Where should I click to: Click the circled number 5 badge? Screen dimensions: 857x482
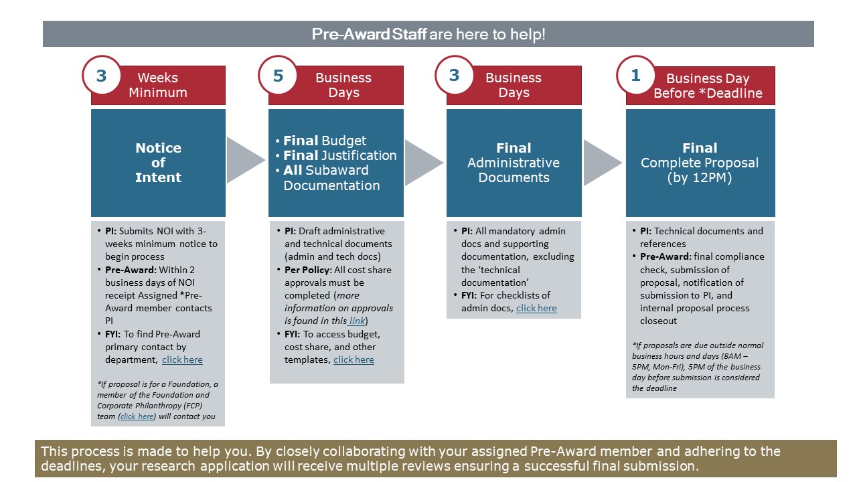[278, 76]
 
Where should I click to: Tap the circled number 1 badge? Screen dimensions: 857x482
[635, 76]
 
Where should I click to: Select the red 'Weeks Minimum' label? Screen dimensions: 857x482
[158, 85]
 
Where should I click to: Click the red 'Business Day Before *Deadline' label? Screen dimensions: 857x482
[708, 86]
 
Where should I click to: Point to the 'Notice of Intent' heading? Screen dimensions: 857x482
[158, 163]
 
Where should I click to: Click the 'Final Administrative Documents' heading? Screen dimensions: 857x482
[514, 163]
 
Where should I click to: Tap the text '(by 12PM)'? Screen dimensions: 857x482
[700, 178]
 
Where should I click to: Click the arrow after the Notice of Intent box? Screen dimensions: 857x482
[245, 160]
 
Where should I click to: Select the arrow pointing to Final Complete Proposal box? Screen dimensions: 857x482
[603, 163]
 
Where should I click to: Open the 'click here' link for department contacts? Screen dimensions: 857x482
[182, 359]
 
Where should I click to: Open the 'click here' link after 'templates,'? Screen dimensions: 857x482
[354, 359]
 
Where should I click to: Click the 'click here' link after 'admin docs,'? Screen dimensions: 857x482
[536, 308]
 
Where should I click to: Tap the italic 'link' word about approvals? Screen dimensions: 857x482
[357, 321]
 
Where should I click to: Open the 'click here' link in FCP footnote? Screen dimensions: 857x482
[137, 416]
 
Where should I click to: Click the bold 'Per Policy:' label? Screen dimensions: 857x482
[308, 270]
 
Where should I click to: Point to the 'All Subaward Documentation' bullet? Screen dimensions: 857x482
[331, 178]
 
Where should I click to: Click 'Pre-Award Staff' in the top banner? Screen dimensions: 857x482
[369, 34]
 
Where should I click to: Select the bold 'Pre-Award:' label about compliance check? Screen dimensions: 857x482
[666, 256]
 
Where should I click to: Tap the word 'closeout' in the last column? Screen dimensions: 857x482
[658, 321]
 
